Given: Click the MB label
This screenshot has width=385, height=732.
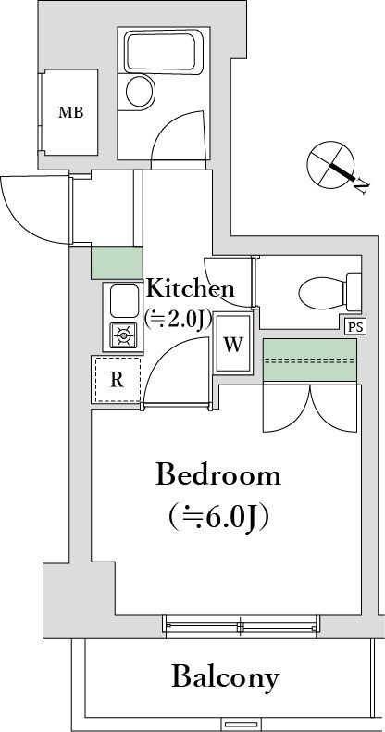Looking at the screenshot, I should tap(70, 113).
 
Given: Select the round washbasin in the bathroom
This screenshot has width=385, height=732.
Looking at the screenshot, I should tap(141, 91).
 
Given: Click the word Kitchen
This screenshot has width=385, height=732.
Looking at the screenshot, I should tap(191, 287).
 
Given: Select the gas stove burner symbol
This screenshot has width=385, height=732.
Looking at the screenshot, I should tap(123, 334).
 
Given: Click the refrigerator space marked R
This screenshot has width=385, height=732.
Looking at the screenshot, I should tap(116, 378).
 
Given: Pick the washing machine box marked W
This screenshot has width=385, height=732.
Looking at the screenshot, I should tap(234, 346).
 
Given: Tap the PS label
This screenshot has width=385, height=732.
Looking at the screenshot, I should tap(354, 325).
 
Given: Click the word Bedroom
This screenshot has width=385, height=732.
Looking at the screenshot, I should tap(217, 475).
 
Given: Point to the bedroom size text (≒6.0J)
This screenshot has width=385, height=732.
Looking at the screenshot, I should tap(218, 516).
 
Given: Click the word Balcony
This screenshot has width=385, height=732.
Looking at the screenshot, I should tap(225, 676).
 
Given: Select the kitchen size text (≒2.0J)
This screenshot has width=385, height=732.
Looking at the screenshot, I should tap(179, 318).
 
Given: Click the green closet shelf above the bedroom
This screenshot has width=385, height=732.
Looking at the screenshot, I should tap(310, 360).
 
